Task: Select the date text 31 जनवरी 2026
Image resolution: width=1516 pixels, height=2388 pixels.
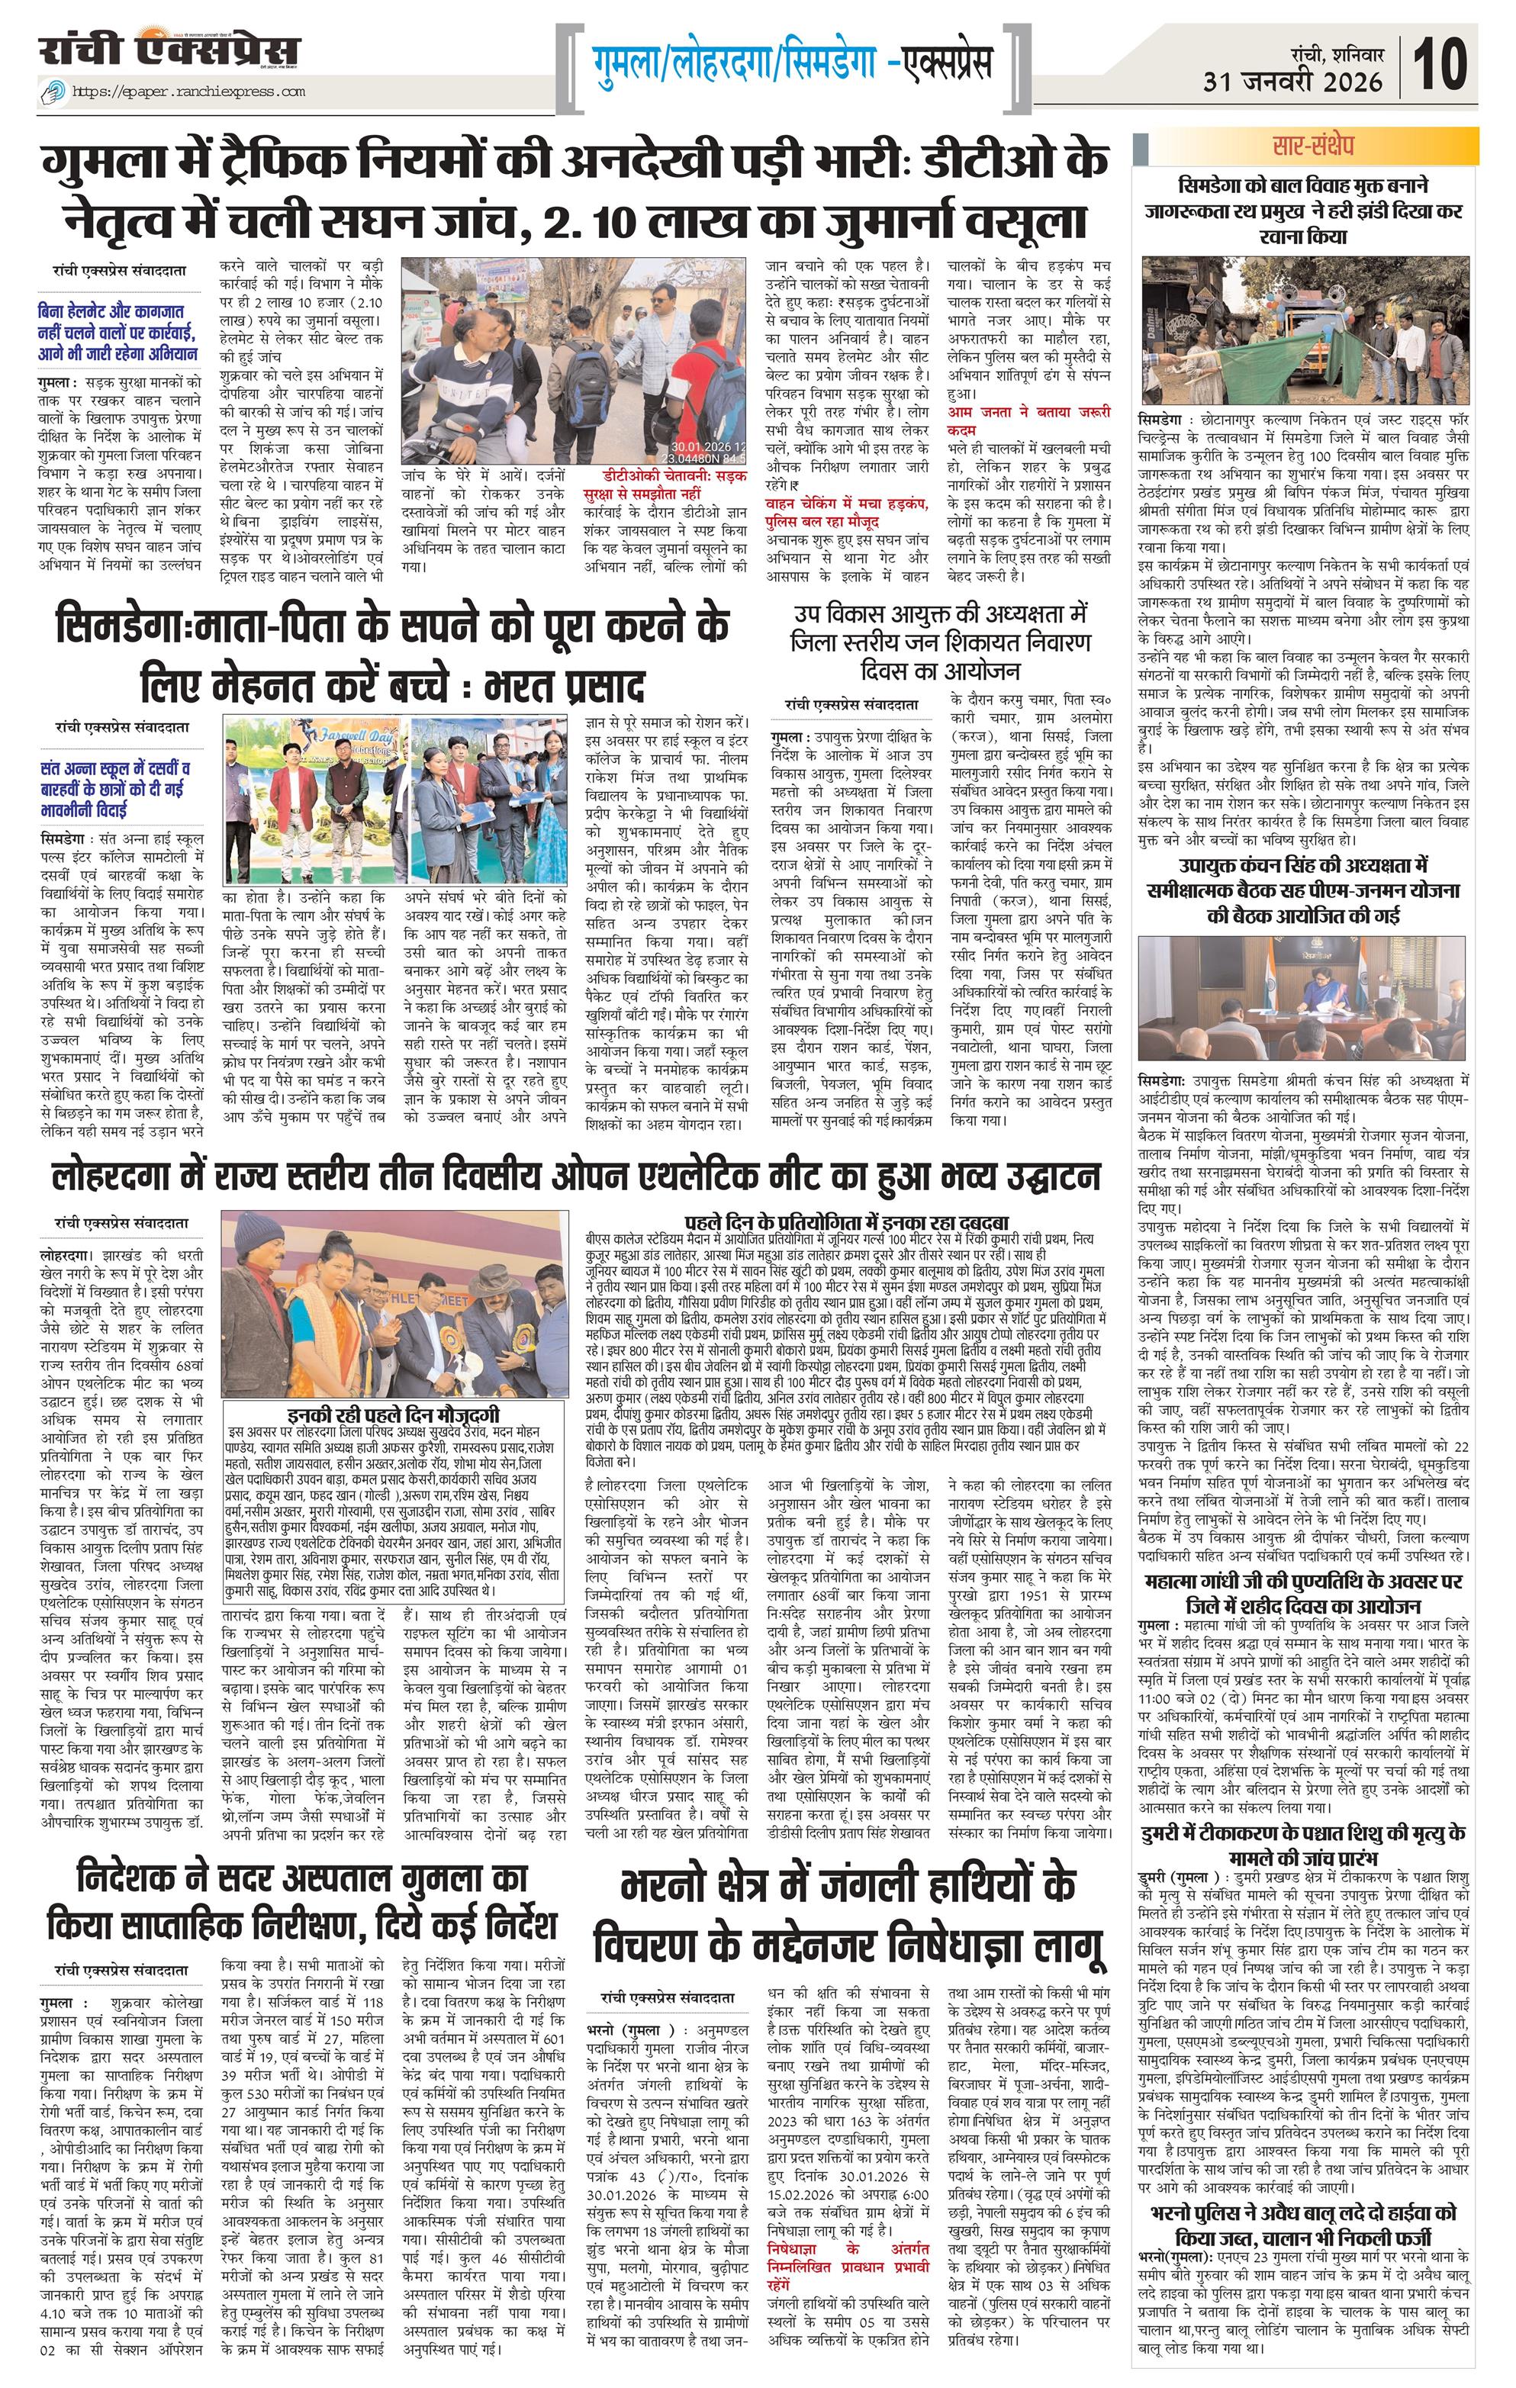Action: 1293,82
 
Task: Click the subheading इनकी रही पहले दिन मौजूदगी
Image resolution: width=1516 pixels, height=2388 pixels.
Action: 393,1415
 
